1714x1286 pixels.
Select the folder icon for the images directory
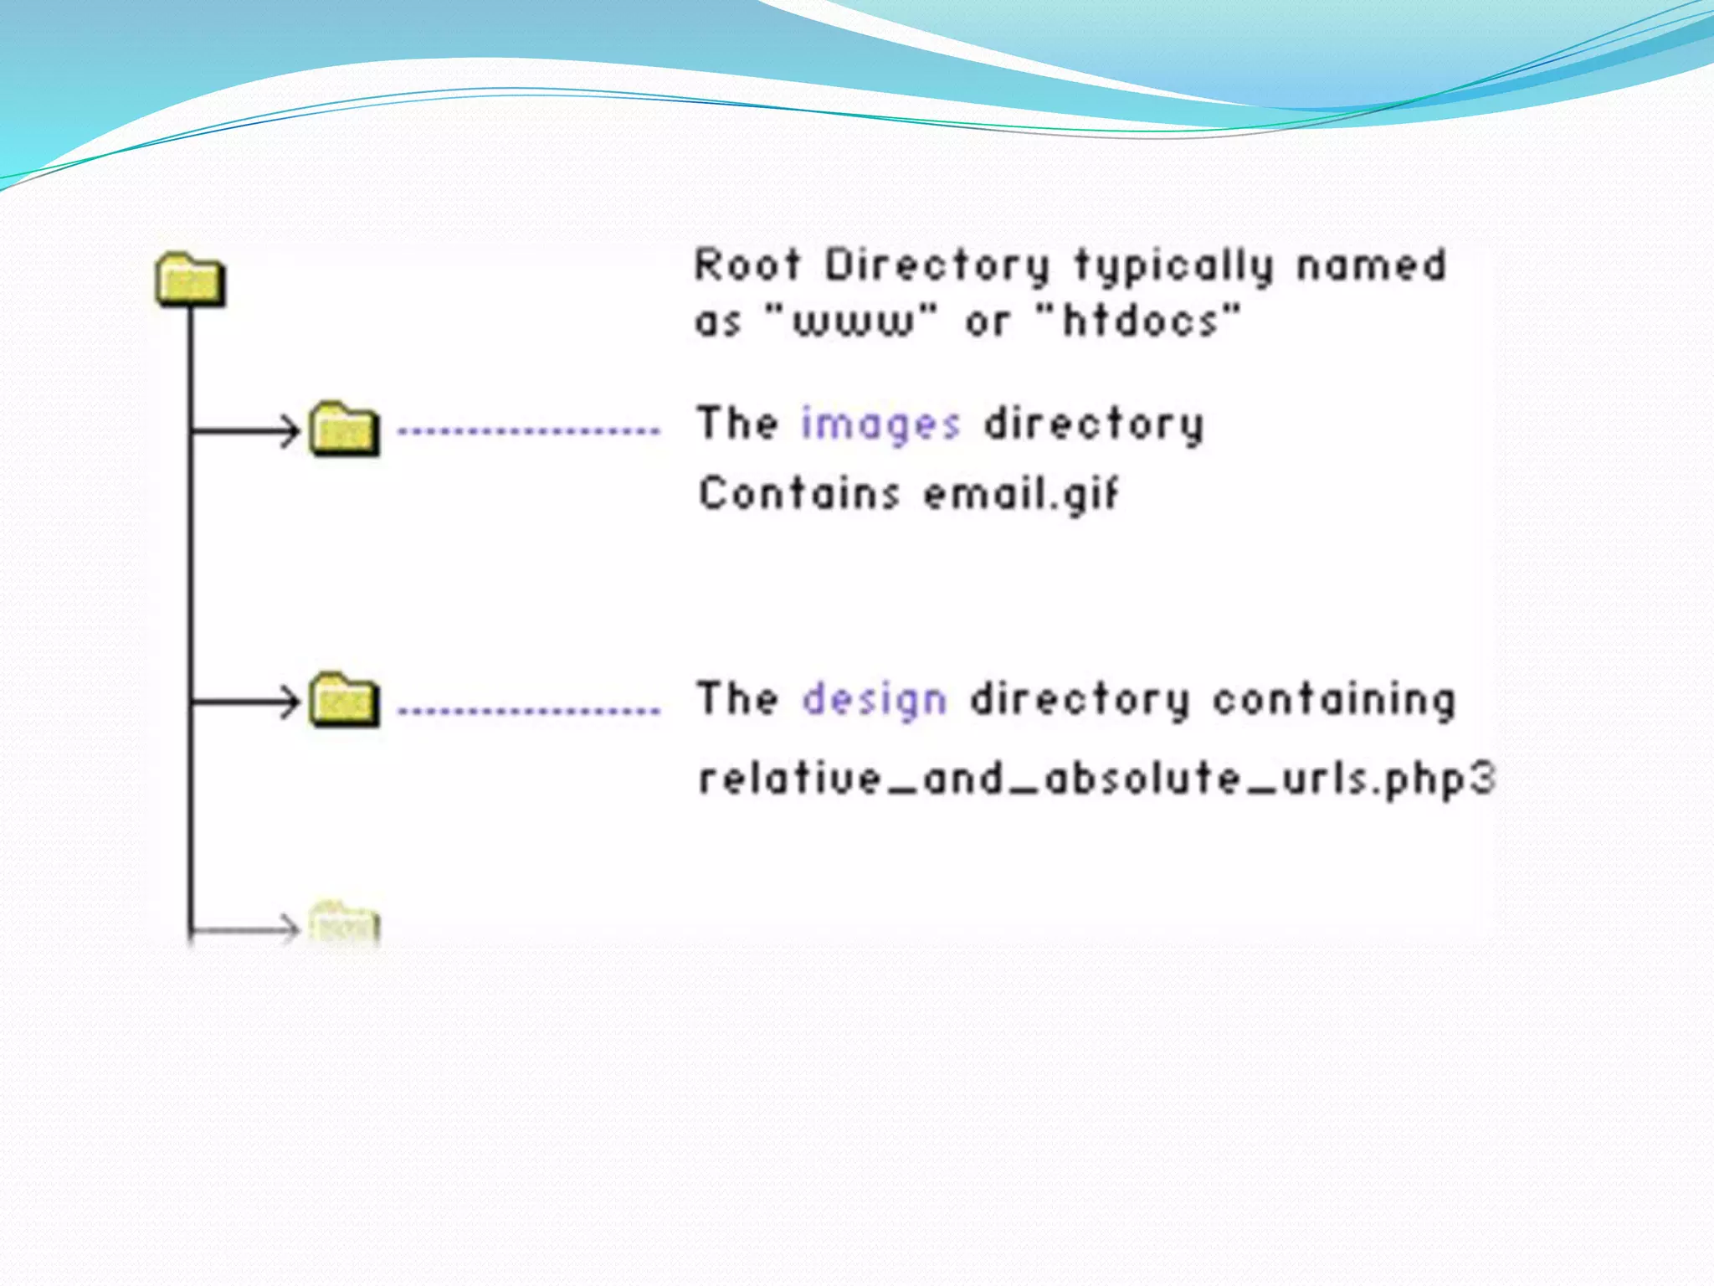click(344, 430)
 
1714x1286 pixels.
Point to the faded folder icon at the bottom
click(344, 924)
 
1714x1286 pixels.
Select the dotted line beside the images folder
click(529, 432)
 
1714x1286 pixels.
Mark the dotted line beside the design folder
click(529, 711)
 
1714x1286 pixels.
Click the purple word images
click(880, 424)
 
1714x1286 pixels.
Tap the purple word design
click(875, 700)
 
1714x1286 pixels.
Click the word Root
click(747, 265)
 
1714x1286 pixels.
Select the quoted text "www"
click(852, 321)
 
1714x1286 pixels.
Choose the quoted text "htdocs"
click(1138, 321)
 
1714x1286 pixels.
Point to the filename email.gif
click(1021, 494)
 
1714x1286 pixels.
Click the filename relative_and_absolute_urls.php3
click(1096, 779)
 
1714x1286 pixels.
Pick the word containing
click(1335, 700)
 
